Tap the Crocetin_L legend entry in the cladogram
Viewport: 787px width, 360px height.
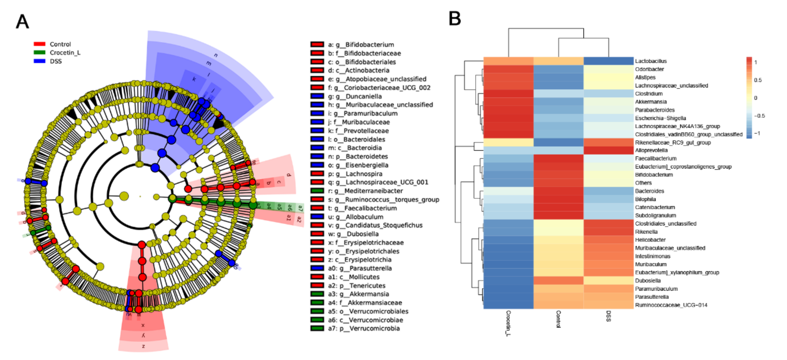[65, 53]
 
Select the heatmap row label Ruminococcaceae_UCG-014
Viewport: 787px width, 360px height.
[671, 305]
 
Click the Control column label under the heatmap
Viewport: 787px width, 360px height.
[558, 319]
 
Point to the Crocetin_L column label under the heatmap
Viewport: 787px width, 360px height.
[508, 323]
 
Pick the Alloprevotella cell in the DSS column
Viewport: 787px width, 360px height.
[608, 150]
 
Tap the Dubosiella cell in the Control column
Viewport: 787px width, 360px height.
[558, 281]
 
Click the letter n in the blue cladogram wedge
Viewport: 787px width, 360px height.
[216, 55]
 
